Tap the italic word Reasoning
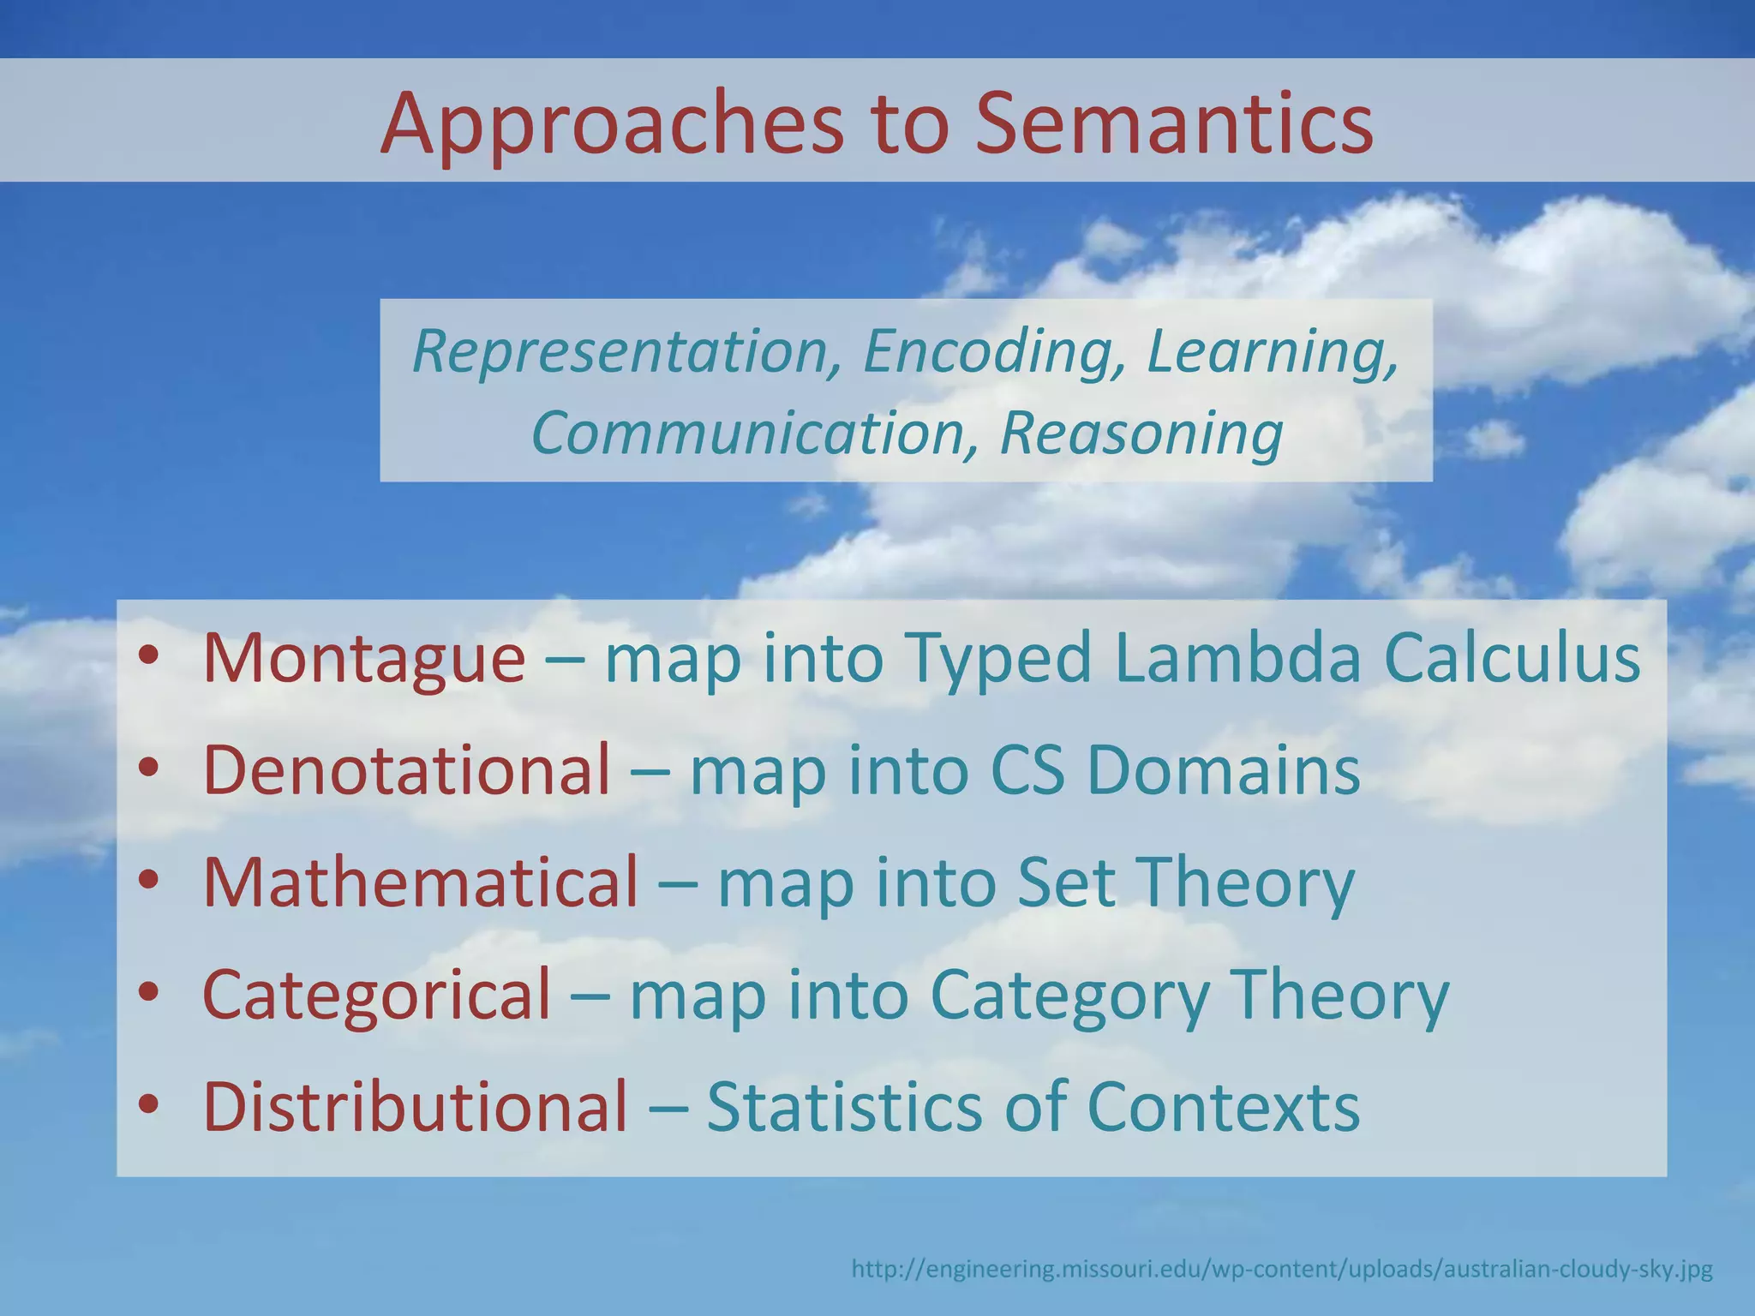(1141, 433)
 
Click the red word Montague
(363, 658)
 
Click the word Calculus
(1512, 658)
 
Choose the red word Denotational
(407, 769)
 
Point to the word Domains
(1223, 769)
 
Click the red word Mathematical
(421, 882)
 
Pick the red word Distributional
(416, 1106)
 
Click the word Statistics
(844, 1106)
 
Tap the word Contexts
(1223, 1106)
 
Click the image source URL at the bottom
(1281, 1268)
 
